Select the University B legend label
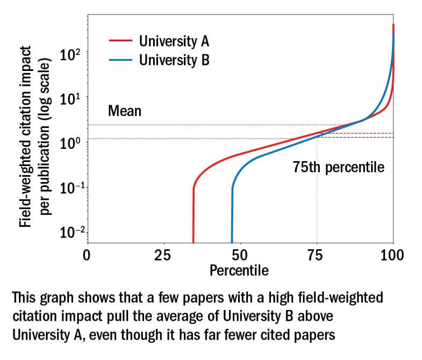[x=175, y=60]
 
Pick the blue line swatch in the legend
[x=120, y=60]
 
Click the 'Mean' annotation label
[x=124, y=111]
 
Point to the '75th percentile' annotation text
[x=339, y=167]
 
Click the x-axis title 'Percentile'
[x=239, y=269]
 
